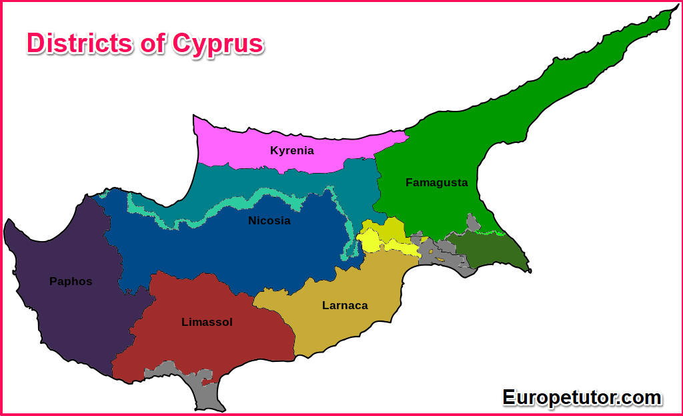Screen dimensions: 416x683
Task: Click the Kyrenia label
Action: [291, 150]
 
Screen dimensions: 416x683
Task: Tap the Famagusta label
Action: [436, 182]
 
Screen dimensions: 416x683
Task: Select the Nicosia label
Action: [269, 220]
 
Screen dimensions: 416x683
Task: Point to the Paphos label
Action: [71, 281]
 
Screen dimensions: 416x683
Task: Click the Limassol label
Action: [207, 322]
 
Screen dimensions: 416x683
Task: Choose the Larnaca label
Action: [345, 305]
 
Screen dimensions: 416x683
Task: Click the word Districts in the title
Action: [79, 43]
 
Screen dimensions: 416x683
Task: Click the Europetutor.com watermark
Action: [582, 397]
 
